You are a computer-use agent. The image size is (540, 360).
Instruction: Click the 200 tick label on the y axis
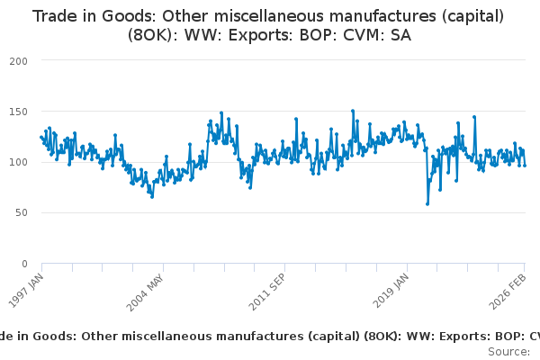(19, 60)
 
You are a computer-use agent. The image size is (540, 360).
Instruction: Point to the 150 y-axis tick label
(19, 112)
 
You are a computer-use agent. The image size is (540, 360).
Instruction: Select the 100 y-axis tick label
(19, 162)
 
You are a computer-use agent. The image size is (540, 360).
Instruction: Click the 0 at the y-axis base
(24, 264)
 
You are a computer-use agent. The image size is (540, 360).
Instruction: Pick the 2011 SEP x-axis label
(267, 290)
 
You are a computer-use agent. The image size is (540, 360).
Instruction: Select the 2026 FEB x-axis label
(511, 290)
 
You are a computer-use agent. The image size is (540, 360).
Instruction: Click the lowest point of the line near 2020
(427, 203)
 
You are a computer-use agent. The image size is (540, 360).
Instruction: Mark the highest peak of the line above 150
(353, 111)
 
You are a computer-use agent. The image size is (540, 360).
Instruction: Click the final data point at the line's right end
(525, 165)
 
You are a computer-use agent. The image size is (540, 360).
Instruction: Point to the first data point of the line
(41, 137)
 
